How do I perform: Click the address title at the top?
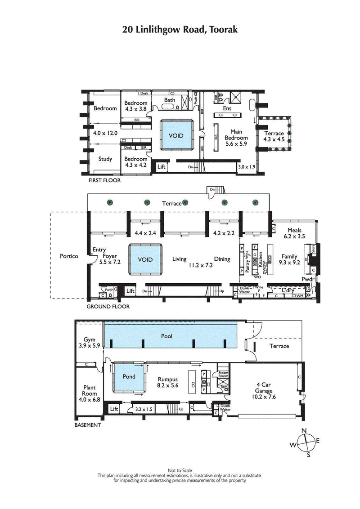tap(180, 30)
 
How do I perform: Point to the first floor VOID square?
tap(176, 135)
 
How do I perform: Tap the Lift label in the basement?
tap(114, 409)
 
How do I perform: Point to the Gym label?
tap(88, 340)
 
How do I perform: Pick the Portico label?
tap(69, 256)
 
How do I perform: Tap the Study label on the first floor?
tap(105, 159)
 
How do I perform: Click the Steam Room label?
tap(224, 374)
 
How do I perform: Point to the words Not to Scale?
tap(180, 471)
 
